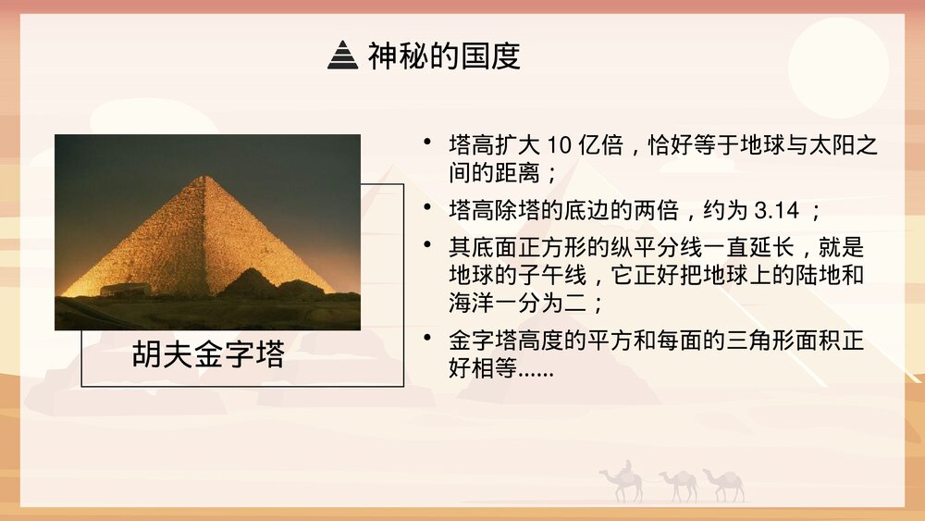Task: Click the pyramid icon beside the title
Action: pyautogui.click(x=342, y=56)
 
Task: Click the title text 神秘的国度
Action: pyautogui.click(x=444, y=56)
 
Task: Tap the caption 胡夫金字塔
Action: pyautogui.click(x=208, y=356)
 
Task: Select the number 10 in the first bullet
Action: pyautogui.click(x=561, y=146)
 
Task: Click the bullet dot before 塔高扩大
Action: pyautogui.click(x=426, y=143)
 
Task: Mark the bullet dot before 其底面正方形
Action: pyautogui.click(x=426, y=245)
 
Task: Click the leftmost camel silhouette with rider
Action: pyautogui.click(x=623, y=481)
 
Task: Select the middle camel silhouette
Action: pyautogui.click(x=681, y=483)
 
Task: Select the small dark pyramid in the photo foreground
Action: pyautogui.click(x=248, y=282)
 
